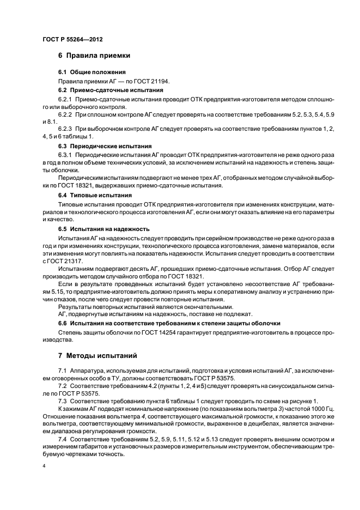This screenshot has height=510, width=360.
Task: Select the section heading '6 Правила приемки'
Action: tap(94, 56)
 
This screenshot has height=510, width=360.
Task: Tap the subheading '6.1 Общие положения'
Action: tap(92, 72)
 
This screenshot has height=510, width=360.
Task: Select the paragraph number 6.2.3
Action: tap(66, 129)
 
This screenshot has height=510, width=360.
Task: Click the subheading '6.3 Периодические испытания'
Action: tap(105, 147)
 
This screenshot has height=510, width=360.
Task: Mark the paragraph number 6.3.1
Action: tap(66, 156)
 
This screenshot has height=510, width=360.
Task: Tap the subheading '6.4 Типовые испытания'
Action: tap(95, 195)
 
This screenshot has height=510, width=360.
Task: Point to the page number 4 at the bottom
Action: tap(43, 467)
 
